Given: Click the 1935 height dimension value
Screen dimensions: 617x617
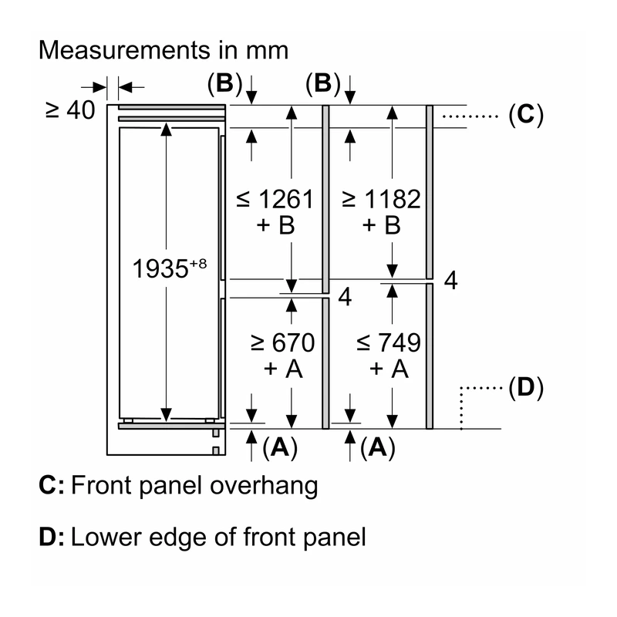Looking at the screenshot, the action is pos(160,269).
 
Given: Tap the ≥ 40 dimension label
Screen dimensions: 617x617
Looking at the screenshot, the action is pos(70,110).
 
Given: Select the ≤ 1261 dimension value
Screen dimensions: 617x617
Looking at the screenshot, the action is pos(275,199).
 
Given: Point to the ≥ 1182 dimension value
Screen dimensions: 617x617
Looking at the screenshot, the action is pos(381,199).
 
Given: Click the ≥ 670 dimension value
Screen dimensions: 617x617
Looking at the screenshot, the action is pos(282,342).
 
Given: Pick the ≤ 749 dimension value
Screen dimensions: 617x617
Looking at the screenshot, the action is pos(389,342).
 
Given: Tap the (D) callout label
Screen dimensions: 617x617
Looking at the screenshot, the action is pos(526,388).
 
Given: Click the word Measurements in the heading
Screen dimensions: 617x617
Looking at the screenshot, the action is pos(125,50).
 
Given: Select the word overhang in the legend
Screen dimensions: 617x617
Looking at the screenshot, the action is pos(264,487).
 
